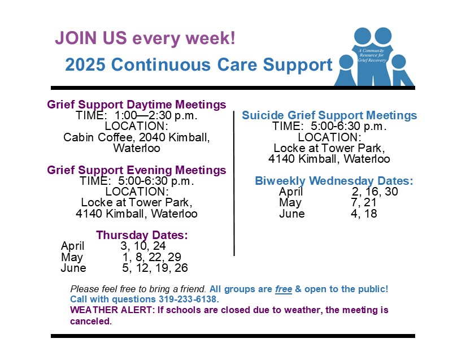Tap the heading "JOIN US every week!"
pyautogui.click(x=145, y=38)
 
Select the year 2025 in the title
pyautogui.click(x=85, y=64)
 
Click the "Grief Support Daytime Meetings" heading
pyautogui.click(x=137, y=105)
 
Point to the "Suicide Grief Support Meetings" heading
pyautogui.click(x=329, y=115)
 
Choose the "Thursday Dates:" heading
pyautogui.click(x=142, y=235)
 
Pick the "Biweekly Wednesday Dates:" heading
pyautogui.click(x=334, y=181)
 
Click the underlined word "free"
pyautogui.click(x=284, y=289)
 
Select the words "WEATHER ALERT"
pyautogui.click(x=111, y=310)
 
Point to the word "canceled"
pyautogui.click(x=90, y=321)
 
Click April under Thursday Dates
pyautogui.click(x=72, y=246)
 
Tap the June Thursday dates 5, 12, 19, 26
pyautogui.click(x=155, y=268)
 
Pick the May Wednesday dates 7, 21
pyautogui.click(x=363, y=202)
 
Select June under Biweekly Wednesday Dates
pyautogui.click(x=292, y=214)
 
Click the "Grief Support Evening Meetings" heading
pyautogui.click(x=137, y=170)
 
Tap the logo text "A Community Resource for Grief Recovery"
pyautogui.click(x=372, y=55)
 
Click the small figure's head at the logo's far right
pyautogui.click(x=399, y=62)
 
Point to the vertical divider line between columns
pyautogui.click(x=234, y=184)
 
